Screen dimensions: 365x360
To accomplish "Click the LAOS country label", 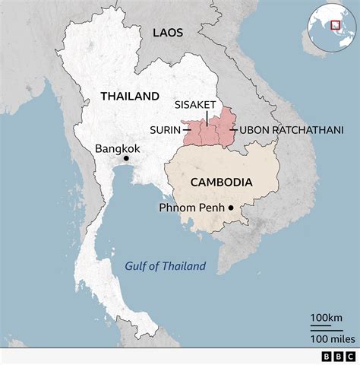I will pos(168,32).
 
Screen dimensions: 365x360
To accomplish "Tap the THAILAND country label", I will pos(130,97).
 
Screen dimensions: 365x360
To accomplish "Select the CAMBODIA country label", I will pos(221,182).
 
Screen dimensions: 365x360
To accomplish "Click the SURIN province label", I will pos(165,130).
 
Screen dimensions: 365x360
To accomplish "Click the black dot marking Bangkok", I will pos(126,158).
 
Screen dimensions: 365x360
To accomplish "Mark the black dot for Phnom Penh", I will pos(231,207).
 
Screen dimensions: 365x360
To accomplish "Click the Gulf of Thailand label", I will pos(166,266).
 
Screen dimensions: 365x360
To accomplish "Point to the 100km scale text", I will pos(326,316).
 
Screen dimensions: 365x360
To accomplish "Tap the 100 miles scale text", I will pos(328,337).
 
